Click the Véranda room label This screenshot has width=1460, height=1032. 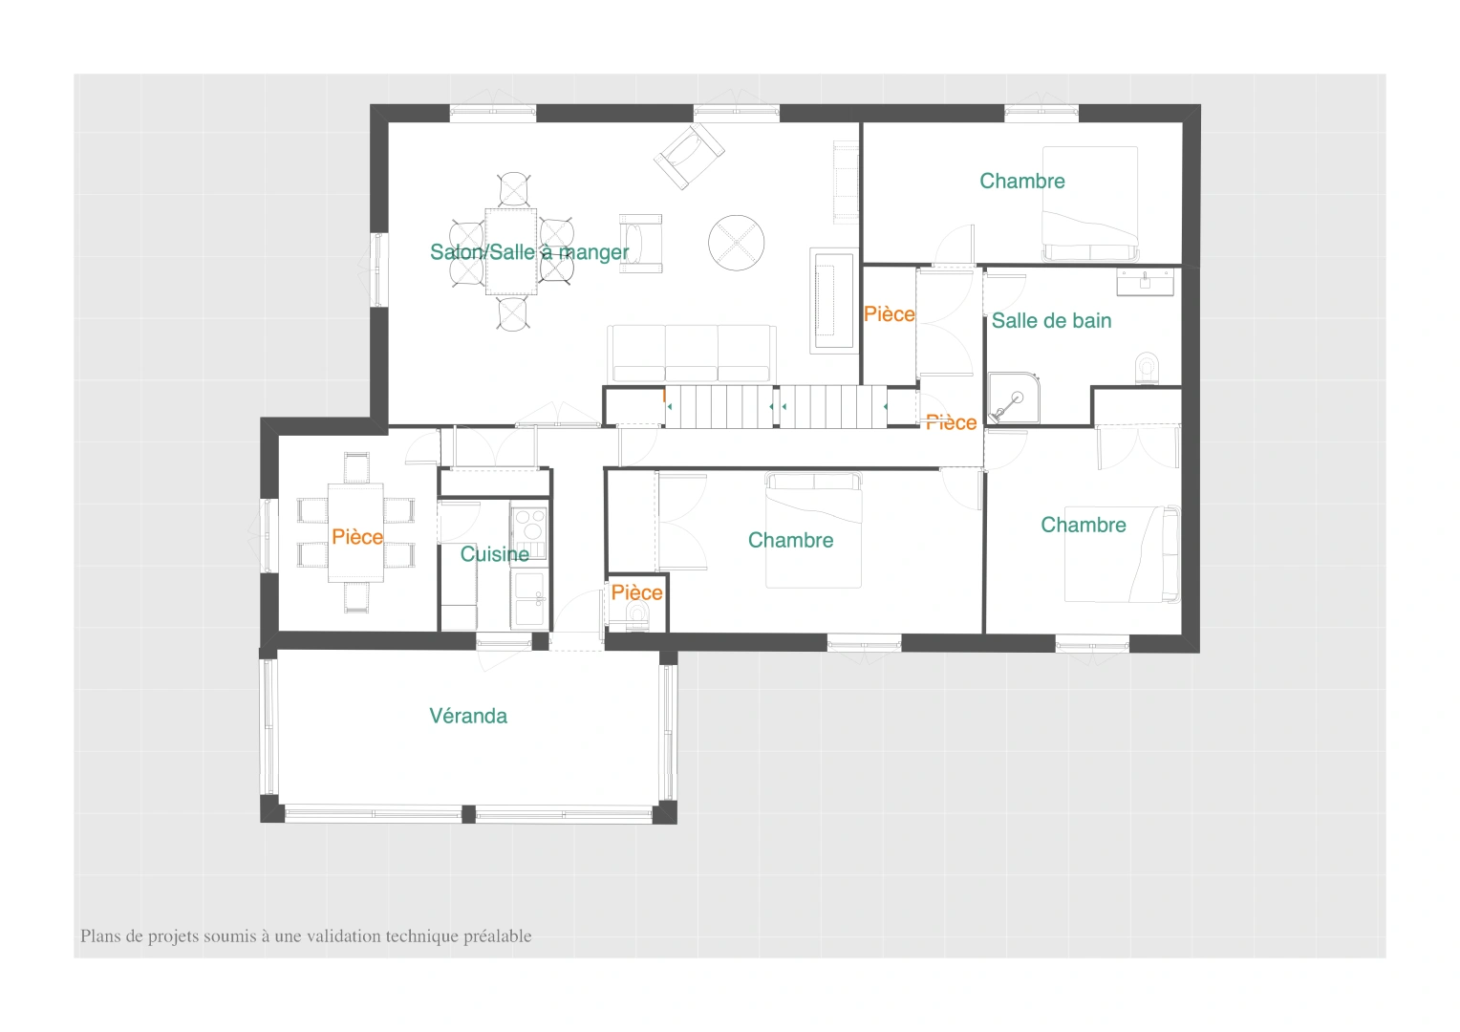click(x=468, y=716)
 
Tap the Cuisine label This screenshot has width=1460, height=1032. click(x=495, y=554)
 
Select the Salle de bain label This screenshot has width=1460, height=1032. click(x=1051, y=321)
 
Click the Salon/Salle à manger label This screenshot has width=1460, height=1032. click(x=529, y=252)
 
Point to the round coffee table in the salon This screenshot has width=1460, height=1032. click(x=737, y=243)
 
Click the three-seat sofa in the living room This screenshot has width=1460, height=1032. click(x=692, y=354)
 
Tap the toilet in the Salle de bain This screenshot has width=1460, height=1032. click(x=1148, y=368)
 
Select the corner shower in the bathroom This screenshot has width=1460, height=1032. click(x=1013, y=397)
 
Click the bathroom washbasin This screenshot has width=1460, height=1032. click(x=1145, y=283)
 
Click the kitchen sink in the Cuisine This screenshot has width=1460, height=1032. click(x=528, y=598)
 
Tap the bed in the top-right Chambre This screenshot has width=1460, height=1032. click(x=1090, y=204)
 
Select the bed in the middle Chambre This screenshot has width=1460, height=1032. click(x=813, y=530)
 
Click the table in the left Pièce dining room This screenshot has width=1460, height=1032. click(x=355, y=532)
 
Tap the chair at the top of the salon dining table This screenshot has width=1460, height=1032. click(x=514, y=190)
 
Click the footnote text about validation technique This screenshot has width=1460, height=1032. click(x=306, y=936)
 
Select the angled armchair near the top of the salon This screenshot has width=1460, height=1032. click(x=690, y=157)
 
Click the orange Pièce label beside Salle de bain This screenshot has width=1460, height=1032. click(x=889, y=314)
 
